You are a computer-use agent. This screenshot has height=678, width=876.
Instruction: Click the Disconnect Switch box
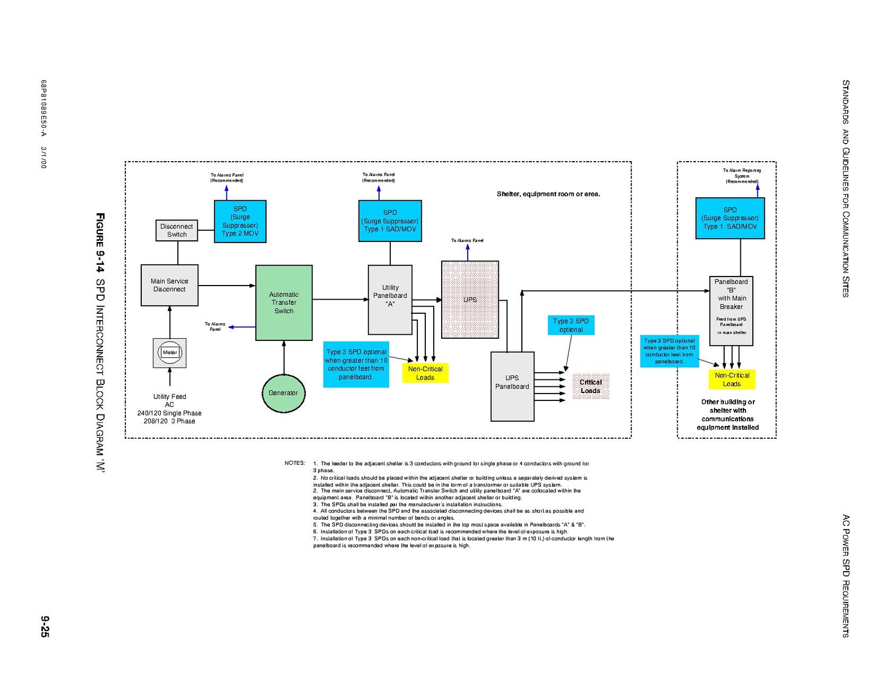[177, 230]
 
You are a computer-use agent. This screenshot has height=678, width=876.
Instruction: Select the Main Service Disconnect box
[169, 285]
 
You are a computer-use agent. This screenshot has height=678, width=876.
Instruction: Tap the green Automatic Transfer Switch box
[284, 303]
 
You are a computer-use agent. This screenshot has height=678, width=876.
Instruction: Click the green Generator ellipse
[284, 393]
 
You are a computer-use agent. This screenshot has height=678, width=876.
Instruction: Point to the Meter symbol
[169, 352]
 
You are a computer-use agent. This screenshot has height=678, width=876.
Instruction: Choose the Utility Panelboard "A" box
[390, 299]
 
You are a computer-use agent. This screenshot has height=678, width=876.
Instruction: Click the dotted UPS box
[470, 300]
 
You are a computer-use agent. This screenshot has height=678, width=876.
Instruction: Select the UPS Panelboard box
[512, 386]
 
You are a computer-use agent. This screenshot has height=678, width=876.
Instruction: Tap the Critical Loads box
[591, 386]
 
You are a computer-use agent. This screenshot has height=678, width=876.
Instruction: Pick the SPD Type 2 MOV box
[240, 221]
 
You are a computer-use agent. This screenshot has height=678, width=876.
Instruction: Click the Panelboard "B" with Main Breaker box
[731, 310]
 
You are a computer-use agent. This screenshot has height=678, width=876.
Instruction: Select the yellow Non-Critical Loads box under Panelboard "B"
[732, 379]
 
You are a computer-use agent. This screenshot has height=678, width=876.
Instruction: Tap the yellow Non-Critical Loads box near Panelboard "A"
[425, 373]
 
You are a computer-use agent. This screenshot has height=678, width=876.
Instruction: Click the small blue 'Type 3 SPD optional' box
[571, 325]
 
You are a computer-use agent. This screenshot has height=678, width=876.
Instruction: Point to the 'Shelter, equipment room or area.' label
[548, 194]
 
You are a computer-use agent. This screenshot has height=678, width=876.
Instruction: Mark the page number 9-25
[45, 627]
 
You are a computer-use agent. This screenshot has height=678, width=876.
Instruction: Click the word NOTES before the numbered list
[295, 463]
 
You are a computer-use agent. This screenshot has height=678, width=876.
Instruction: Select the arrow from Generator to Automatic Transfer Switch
[284, 357]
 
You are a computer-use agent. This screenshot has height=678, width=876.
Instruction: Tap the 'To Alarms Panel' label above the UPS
[467, 240]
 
